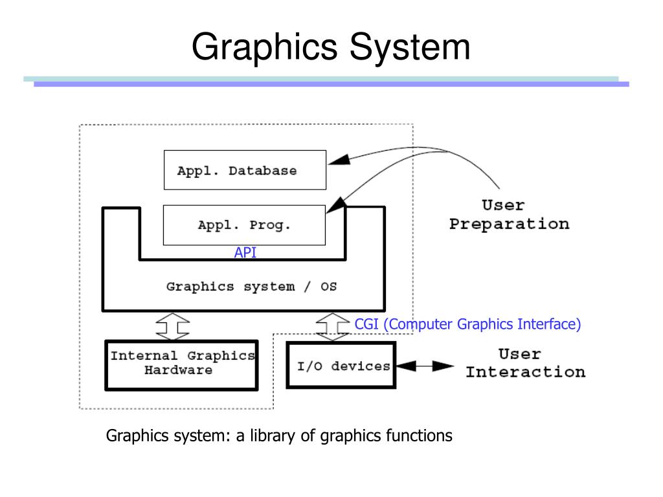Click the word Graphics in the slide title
tap(265, 47)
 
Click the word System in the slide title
tap(410, 47)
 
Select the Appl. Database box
tap(245, 170)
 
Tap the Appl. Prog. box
tap(244, 225)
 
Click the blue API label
tap(245, 253)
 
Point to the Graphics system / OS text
tap(251, 286)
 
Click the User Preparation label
tap(509, 215)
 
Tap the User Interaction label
tap(525, 363)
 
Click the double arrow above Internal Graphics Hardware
tap(173, 327)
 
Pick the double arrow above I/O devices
tap(333, 327)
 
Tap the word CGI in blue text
tap(367, 324)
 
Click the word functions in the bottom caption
tap(419, 436)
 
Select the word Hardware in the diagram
tap(178, 371)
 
